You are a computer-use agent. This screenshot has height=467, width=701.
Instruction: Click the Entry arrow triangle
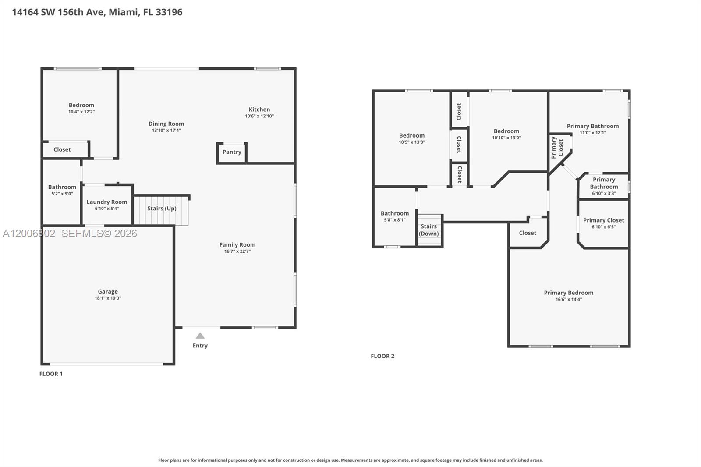point(200,336)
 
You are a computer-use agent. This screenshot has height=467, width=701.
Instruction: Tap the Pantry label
point(232,152)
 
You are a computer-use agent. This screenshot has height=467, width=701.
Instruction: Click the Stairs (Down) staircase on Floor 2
point(429,230)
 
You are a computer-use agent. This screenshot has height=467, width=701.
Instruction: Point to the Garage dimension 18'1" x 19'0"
point(108,298)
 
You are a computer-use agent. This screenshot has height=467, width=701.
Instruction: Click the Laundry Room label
point(106,202)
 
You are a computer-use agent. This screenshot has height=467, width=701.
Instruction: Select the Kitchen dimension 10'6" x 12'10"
point(259,116)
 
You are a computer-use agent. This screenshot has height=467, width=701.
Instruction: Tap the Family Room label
point(237,245)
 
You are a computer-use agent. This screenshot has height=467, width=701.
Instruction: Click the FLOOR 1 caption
point(51,374)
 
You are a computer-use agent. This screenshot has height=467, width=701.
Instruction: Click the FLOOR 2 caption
point(382,356)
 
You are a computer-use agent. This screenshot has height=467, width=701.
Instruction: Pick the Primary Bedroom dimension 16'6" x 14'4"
point(568,300)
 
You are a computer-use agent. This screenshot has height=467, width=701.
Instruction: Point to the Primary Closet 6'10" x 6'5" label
point(603,220)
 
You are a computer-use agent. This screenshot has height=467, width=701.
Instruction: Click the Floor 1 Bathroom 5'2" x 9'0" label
point(62,187)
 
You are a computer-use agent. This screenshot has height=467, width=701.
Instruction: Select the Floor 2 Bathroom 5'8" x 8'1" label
point(394,213)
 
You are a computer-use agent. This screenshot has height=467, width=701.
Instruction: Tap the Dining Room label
point(166,124)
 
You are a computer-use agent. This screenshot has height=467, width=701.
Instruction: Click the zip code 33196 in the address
point(169,12)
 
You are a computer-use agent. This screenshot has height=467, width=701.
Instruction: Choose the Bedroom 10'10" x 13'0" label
point(506,131)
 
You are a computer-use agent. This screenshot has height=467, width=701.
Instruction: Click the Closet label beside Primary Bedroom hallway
point(527,233)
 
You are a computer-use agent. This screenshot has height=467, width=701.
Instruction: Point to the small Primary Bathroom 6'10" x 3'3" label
point(603,183)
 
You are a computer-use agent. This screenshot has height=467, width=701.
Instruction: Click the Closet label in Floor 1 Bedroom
point(62,150)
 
